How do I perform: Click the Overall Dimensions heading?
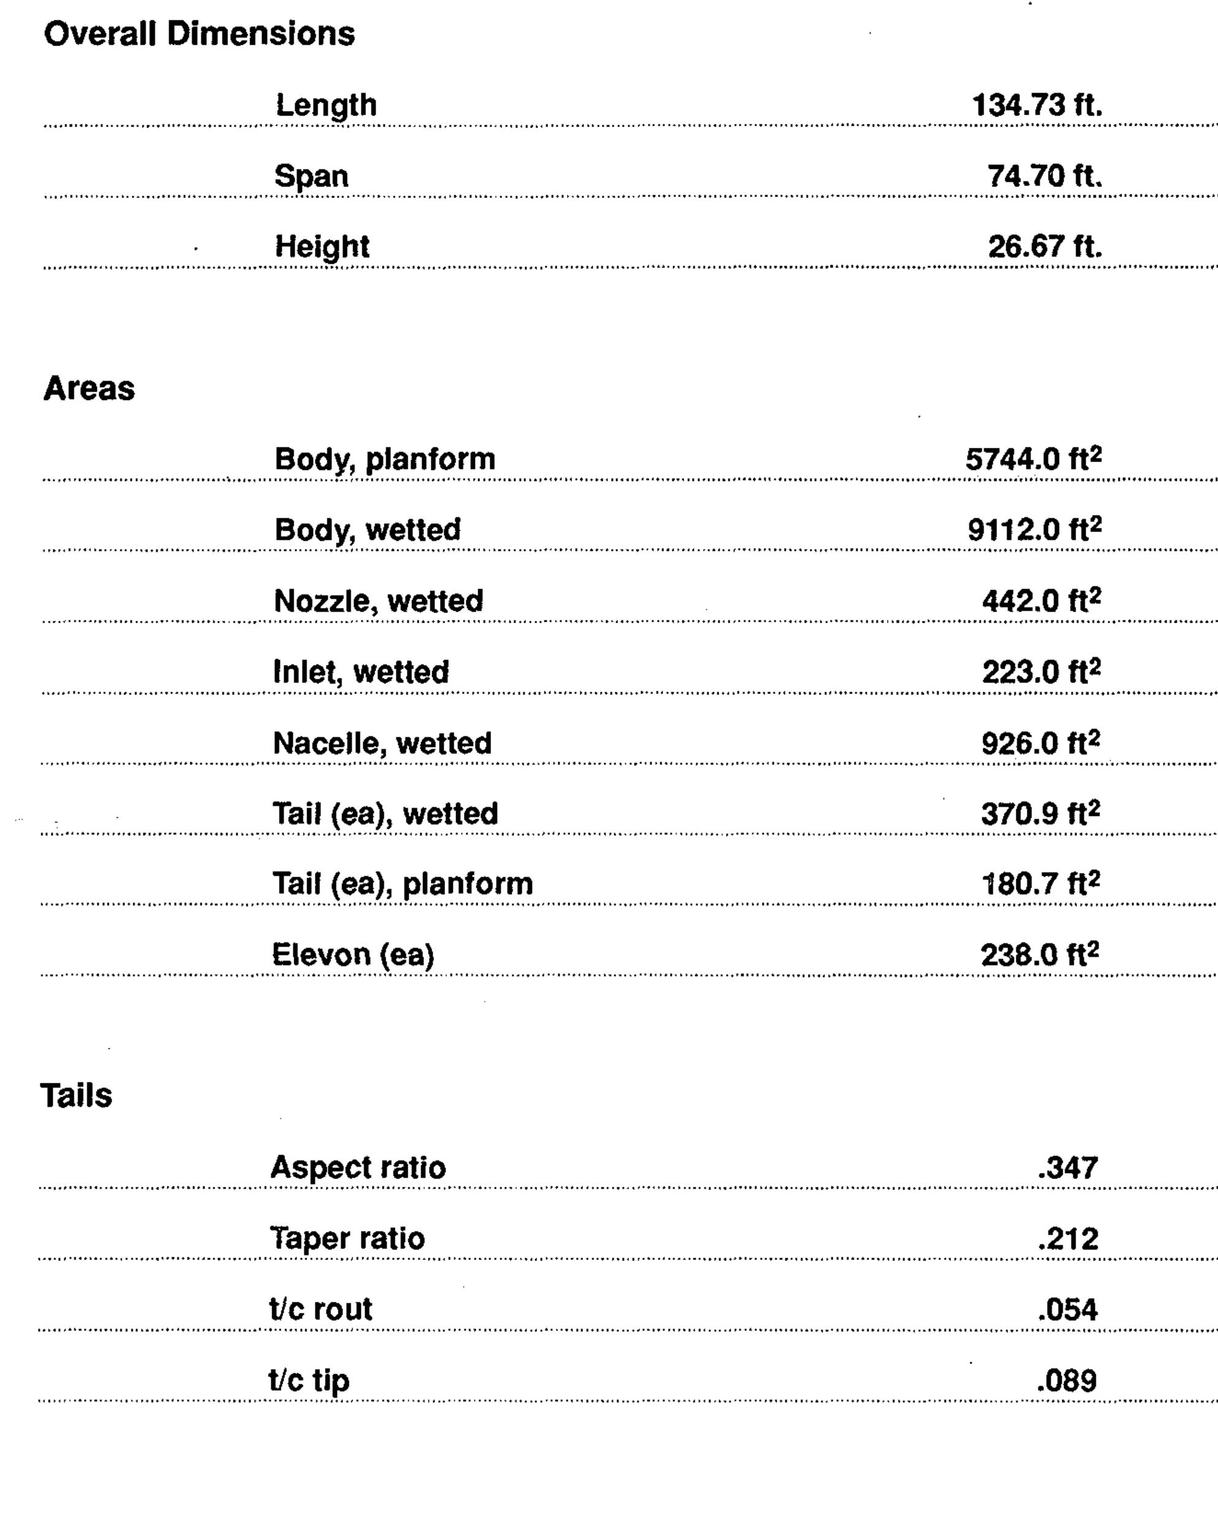tap(199, 34)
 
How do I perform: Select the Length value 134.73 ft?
tap(1037, 106)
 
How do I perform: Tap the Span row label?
tap(311, 176)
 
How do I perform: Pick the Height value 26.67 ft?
tap(1045, 247)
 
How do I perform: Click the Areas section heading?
tap(89, 389)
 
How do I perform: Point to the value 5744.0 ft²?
tap(1033, 459)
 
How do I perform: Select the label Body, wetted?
tap(367, 530)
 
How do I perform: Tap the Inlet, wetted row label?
tap(361, 672)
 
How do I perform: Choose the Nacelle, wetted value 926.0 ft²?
tap(1040, 743)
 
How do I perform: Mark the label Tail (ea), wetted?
tap(385, 813)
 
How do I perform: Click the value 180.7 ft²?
tap(1040, 884)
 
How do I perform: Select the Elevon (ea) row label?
tap(352, 955)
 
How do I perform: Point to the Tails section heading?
tap(76, 1096)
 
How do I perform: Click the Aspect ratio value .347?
tap(1067, 1167)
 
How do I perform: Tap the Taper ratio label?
tap(347, 1239)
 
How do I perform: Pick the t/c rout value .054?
tap(1067, 1309)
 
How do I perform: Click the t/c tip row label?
tap(308, 1380)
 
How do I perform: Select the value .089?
tap(1067, 1380)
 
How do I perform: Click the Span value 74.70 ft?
tap(1045, 175)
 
